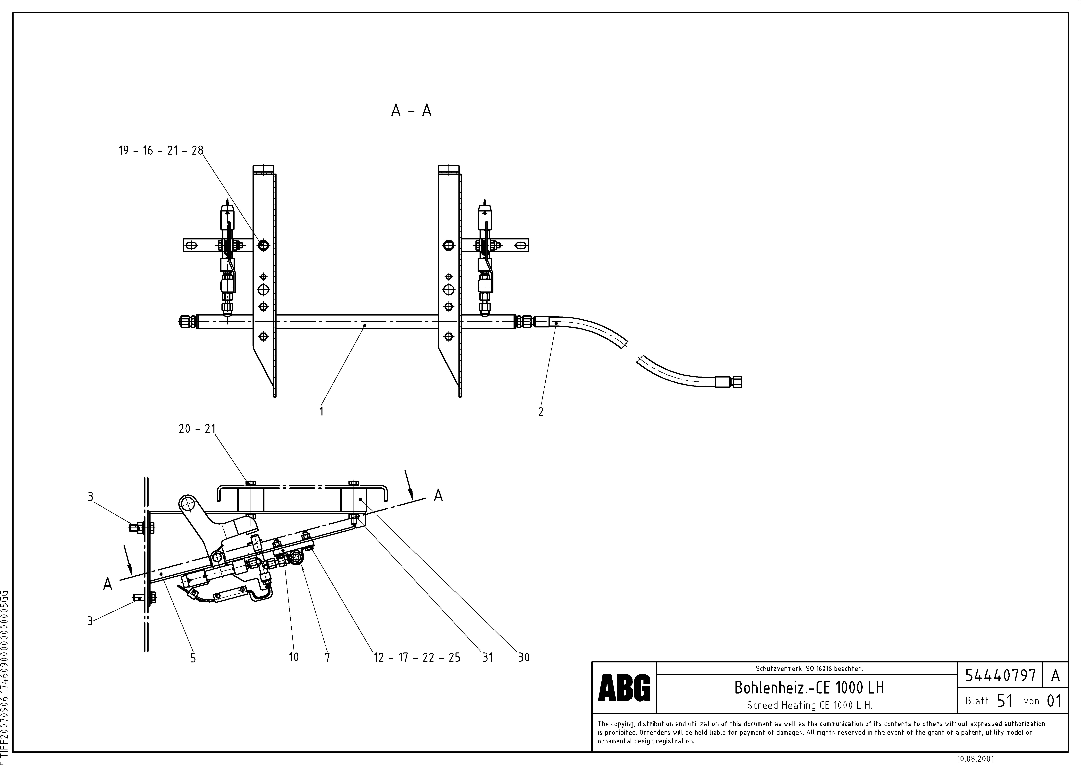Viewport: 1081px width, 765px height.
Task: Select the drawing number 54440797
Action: (x=1000, y=676)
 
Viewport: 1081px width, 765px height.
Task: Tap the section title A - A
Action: (x=411, y=111)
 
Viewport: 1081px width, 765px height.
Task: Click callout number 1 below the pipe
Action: (x=321, y=411)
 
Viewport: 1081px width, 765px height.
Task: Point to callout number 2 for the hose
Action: (x=540, y=412)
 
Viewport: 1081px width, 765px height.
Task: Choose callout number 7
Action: (x=327, y=658)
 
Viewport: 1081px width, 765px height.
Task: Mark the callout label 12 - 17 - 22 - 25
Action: (x=417, y=658)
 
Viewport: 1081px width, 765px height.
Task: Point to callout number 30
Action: (x=524, y=658)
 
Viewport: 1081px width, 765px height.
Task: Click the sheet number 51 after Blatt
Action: (x=1004, y=701)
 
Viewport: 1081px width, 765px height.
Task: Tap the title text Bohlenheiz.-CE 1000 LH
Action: (x=809, y=688)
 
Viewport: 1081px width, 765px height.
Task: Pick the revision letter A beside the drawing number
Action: (x=1055, y=676)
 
